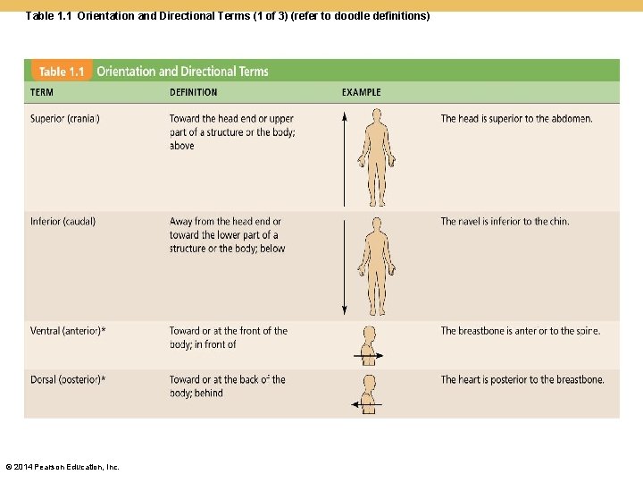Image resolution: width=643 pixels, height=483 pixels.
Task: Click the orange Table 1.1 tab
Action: click(x=62, y=72)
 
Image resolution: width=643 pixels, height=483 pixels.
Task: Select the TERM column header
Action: click(x=42, y=92)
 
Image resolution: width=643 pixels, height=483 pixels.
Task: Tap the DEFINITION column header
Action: click(x=193, y=92)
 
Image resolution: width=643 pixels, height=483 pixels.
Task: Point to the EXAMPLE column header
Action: click(x=361, y=92)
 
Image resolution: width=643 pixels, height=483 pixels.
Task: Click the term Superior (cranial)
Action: click(x=65, y=119)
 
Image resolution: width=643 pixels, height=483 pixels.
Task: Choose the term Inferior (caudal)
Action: click(x=63, y=222)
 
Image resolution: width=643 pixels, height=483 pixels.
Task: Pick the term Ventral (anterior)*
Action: click(x=68, y=331)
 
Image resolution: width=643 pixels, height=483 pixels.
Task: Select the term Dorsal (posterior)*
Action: click(x=68, y=380)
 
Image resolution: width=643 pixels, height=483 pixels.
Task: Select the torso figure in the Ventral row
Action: click(x=368, y=345)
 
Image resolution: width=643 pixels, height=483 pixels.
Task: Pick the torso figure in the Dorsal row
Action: click(x=368, y=394)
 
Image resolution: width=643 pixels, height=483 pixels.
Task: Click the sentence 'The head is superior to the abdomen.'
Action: click(x=516, y=119)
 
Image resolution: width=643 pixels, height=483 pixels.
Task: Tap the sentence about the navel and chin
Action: click(x=505, y=222)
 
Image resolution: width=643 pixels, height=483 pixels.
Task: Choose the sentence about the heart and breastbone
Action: click(x=522, y=380)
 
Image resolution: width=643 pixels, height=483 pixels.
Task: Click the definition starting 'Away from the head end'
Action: click(x=227, y=235)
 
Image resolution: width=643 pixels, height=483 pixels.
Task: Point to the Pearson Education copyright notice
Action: click(x=63, y=466)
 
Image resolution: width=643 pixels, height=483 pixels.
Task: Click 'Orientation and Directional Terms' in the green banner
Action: click(x=182, y=72)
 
